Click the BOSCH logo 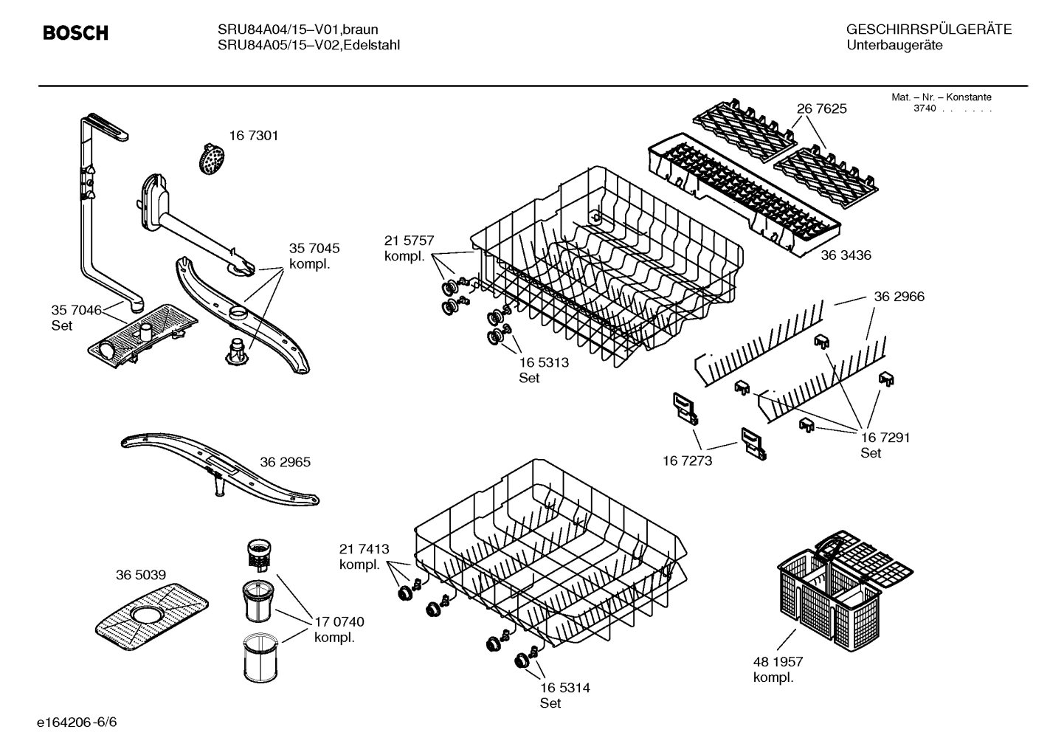pyautogui.click(x=75, y=33)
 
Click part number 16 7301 pyautogui.click(x=253, y=136)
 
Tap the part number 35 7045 pyautogui.click(x=314, y=249)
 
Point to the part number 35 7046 pyautogui.click(x=76, y=311)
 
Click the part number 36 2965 pyautogui.click(x=285, y=463)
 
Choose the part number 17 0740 pyautogui.click(x=339, y=622)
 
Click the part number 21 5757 pyautogui.click(x=409, y=241)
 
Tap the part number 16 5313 pyautogui.click(x=544, y=362)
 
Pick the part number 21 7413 pyautogui.click(x=364, y=549)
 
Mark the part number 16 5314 pyautogui.click(x=564, y=688)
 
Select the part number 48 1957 pyautogui.click(x=778, y=662)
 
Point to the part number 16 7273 pyautogui.click(x=688, y=460)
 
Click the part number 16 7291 pyautogui.click(x=885, y=438)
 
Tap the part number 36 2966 pyautogui.click(x=899, y=297)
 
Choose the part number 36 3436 pyautogui.click(x=846, y=255)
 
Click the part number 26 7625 pyautogui.click(x=822, y=108)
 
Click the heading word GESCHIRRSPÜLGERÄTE pyautogui.click(x=928, y=30)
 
